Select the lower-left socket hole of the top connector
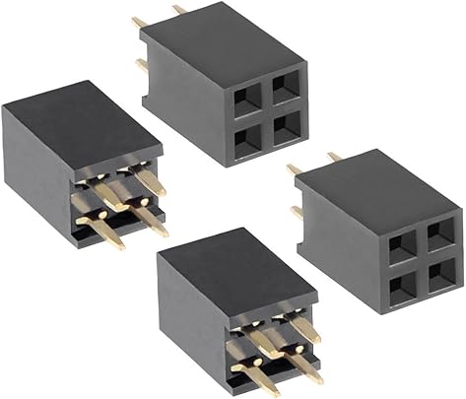tap(247, 132)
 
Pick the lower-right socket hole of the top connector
tap(287, 123)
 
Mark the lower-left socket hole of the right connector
tap(402, 286)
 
